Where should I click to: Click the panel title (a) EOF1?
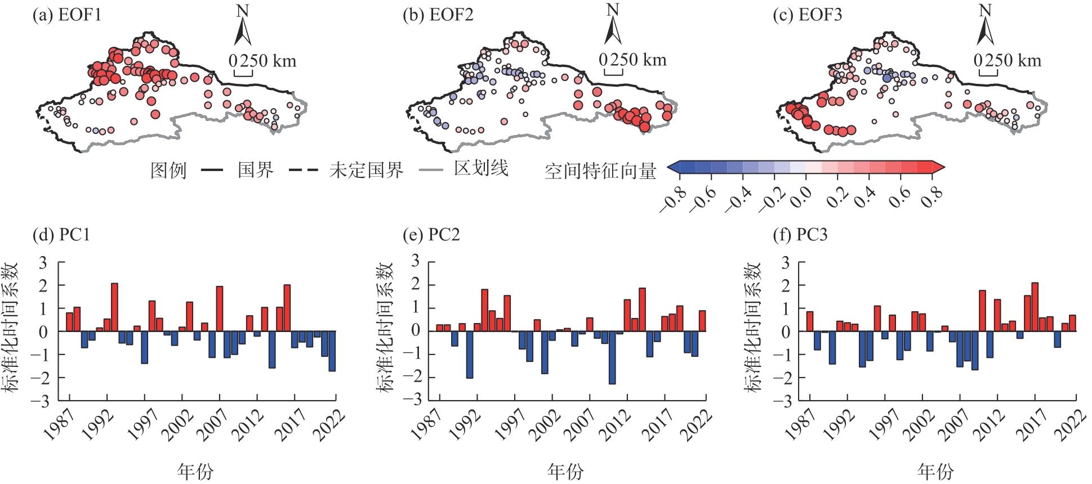pos(67,15)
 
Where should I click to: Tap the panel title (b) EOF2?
pos(438,15)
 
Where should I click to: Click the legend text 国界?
pos(256,169)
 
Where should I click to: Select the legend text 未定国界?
pos(366,169)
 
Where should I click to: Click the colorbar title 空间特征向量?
pos(600,171)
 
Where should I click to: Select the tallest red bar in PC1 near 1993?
pos(114,307)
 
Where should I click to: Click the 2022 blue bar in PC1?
pos(332,351)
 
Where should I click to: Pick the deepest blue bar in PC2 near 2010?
pos(612,357)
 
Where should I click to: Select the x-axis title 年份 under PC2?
pos(565,470)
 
